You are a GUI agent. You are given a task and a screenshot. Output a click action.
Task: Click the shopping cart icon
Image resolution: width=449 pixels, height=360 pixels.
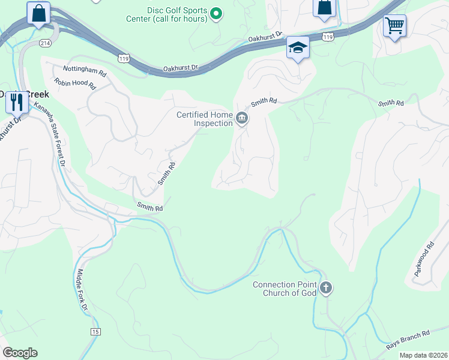[x=394, y=26]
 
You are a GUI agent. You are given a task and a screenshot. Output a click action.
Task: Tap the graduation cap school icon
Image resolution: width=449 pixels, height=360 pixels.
[x=297, y=47]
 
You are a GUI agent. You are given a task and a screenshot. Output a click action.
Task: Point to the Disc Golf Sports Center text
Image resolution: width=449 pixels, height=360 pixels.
[x=178, y=15]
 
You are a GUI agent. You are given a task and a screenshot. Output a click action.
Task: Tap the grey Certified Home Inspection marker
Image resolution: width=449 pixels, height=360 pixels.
[x=242, y=118]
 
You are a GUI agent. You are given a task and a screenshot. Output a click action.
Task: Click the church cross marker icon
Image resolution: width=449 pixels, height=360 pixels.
[x=325, y=288]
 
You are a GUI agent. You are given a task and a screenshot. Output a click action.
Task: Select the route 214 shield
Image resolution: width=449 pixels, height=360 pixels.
[x=45, y=43]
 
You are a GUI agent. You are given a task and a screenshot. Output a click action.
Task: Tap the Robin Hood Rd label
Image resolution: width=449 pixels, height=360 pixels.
[x=75, y=84]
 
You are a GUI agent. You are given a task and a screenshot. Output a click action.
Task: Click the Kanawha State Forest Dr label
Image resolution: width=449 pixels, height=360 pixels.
[x=49, y=133]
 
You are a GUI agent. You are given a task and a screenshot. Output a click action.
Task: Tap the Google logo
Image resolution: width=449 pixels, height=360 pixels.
[x=20, y=353]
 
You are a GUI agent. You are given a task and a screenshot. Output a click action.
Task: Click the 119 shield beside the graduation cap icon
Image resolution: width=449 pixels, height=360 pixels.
[x=327, y=37]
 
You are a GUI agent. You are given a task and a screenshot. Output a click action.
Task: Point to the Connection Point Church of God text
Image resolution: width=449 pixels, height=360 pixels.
[x=287, y=289]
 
